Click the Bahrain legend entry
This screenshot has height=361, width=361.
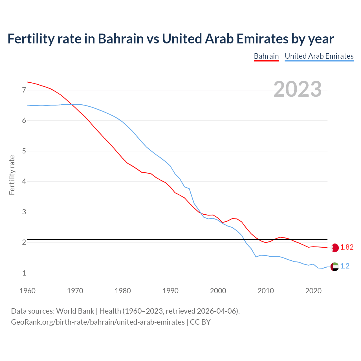point(266,56)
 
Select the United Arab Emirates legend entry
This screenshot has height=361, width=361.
point(319,56)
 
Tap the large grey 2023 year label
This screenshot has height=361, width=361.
point(298,89)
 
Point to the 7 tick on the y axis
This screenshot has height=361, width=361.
point(24,90)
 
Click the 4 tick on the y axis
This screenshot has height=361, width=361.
point(24,181)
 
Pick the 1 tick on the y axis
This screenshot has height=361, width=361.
point(24,273)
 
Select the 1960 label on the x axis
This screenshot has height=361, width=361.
point(27,291)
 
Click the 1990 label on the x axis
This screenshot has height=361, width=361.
point(170,291)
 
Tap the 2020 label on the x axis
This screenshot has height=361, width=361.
point(313,291)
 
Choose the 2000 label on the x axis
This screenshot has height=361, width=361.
point(218,291)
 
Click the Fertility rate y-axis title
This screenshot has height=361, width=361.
point(12,175)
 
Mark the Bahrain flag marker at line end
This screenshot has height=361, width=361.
point(334,248)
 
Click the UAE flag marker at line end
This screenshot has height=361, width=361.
point(334,266)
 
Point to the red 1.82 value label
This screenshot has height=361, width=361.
point(347,247)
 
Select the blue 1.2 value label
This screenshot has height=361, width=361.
point(345,266)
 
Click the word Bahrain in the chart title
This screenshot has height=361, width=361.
point(121,39)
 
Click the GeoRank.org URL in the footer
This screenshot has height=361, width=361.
point(98,322)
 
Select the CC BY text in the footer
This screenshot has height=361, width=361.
point(200,322)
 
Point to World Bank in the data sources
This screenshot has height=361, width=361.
point(75,311)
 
